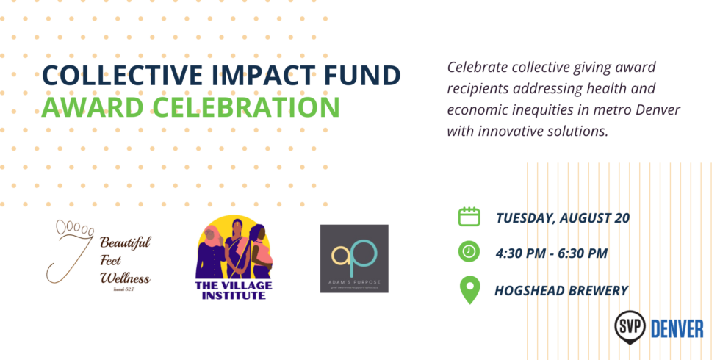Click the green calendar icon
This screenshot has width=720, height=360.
coord(469,216)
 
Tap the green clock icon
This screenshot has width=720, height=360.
coord(469,251)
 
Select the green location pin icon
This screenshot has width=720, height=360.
coord(469,289)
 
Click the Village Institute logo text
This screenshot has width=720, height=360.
coord(231,289)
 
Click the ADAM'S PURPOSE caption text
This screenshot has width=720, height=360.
coord(354,281)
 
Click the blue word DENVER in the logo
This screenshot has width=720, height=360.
coord(677,328)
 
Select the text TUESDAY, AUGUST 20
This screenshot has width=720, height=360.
coord(563,217)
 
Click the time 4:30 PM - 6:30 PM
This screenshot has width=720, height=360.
coord(552,253)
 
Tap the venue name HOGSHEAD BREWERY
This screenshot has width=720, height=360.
coord(562,290)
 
